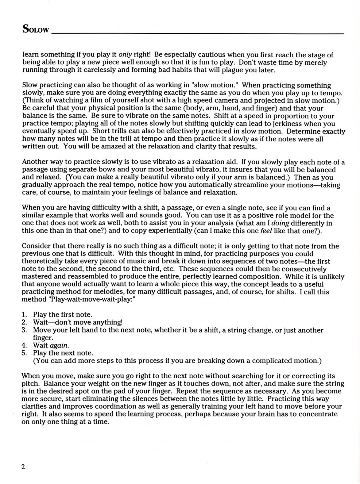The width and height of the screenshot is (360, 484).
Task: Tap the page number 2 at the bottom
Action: point(23,467)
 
